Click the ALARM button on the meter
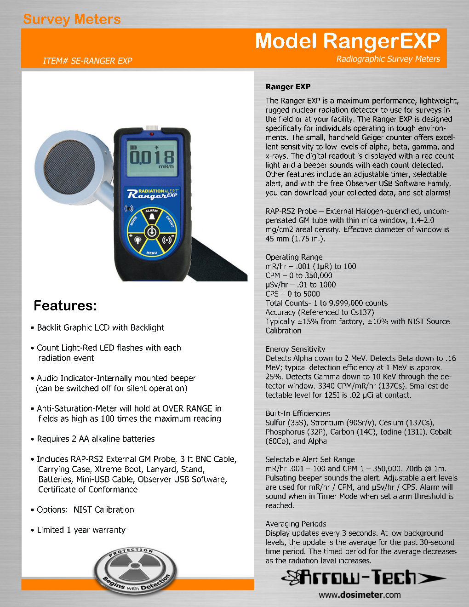tap(151, 214)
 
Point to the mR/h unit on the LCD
tap(166, 167)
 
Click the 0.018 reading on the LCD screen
tap(152, 157)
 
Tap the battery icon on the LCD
tap(134, 147)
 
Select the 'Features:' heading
tap(65, 306)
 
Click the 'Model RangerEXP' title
tap(348, 41)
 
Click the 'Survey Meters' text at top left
tap(72, 19)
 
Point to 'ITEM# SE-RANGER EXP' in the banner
tap(87, 61)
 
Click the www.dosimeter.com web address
tap(360, 595)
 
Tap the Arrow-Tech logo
tap(363, 577)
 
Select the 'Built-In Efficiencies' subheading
tap(297, 413)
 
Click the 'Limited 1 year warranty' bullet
tap(81, 530)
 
